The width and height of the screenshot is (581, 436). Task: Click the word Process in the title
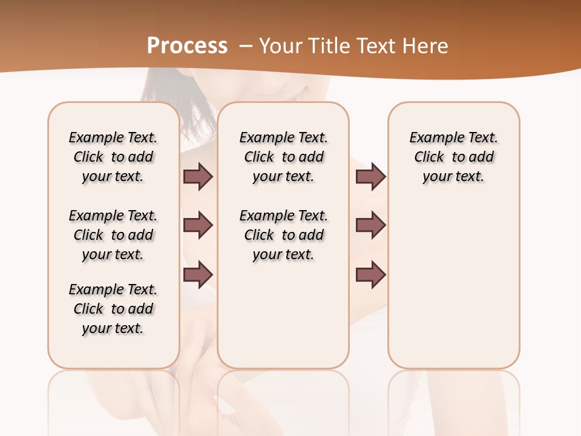click(x=187, y=46)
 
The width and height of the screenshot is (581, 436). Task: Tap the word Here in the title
click(x=426, y=46)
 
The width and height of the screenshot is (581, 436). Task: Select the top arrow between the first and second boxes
click(x=198, y=176)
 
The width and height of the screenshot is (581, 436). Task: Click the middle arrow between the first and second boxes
click(x=198, y=225)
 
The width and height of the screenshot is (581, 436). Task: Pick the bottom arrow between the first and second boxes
click(x=198, y=275)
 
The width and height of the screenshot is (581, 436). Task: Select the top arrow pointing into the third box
click(x=370, y=176)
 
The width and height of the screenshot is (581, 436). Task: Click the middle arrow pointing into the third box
click(x=370, y=225)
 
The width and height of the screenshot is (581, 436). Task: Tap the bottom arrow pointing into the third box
click(x=370, y=275)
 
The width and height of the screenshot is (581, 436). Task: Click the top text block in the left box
click(x=113, y=157)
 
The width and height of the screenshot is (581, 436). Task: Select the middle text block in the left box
click(x=113, y=235)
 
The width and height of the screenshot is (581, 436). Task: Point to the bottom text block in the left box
click(x=113, y=309)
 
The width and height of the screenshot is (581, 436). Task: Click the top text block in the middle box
click(x=283, y=157)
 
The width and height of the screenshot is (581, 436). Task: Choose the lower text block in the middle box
click(x=283, y=235)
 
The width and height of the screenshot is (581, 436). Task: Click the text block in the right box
click(x=454, y=157)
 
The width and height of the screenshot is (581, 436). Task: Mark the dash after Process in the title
click(x=246, y=46)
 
